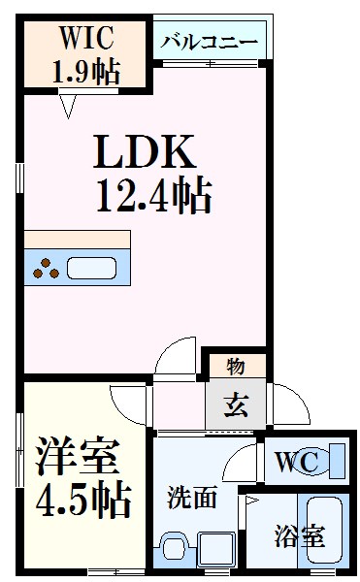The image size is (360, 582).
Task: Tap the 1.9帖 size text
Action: (x=87, y=71)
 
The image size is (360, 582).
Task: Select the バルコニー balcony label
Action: (x=209, y=44)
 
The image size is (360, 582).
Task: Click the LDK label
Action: (x=145, y=152)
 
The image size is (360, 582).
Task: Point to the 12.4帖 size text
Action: (x=152, y=197)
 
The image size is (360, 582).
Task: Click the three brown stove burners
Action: (x=45, y=269)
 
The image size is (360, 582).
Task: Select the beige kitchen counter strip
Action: (x=77, y=240)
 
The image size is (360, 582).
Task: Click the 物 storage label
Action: (x=235, y=366)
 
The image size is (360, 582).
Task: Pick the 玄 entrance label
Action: (x=235, y=403)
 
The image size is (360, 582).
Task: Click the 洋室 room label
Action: (x=78, y=455)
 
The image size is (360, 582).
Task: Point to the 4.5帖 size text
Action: (x=82, y=500)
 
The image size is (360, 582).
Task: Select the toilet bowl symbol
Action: (x=332, y=461)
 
